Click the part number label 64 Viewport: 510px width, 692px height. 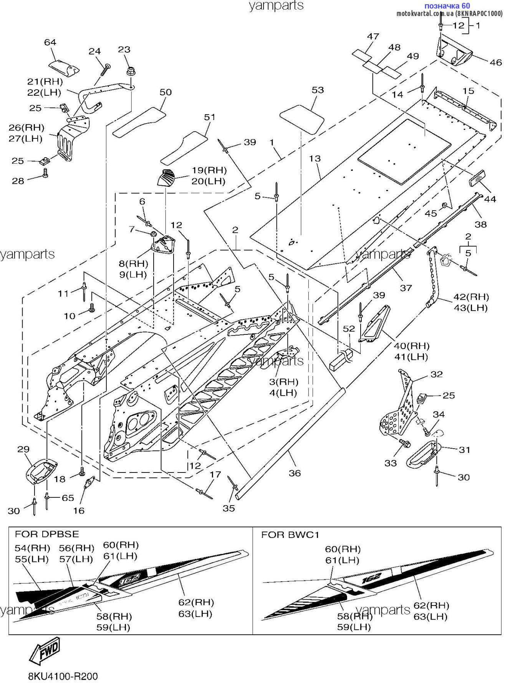(x=50, y=42)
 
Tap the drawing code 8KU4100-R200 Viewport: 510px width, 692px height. (x=63, y=676)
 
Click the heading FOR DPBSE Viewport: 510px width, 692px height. (x=47, y=534)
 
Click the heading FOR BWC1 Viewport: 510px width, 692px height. (x=290, y=535)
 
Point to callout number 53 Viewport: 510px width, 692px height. (x=318, y=90)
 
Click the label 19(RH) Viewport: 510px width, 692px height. (x=209, y=170)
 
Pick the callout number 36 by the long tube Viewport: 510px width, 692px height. (x=295, y=473)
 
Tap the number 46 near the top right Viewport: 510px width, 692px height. (x=495, y=62)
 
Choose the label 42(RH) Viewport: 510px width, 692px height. (x=471, y=297)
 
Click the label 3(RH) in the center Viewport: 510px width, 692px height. (x=283, y=382)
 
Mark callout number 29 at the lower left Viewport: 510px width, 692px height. (x=23, y=449)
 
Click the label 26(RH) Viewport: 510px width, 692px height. (x=26, y=128)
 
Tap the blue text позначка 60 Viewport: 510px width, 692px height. (x=447, y=6)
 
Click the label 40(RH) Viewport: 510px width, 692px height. (x=412, y=346)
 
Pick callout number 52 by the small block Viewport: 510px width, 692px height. (x=349, y=329)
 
